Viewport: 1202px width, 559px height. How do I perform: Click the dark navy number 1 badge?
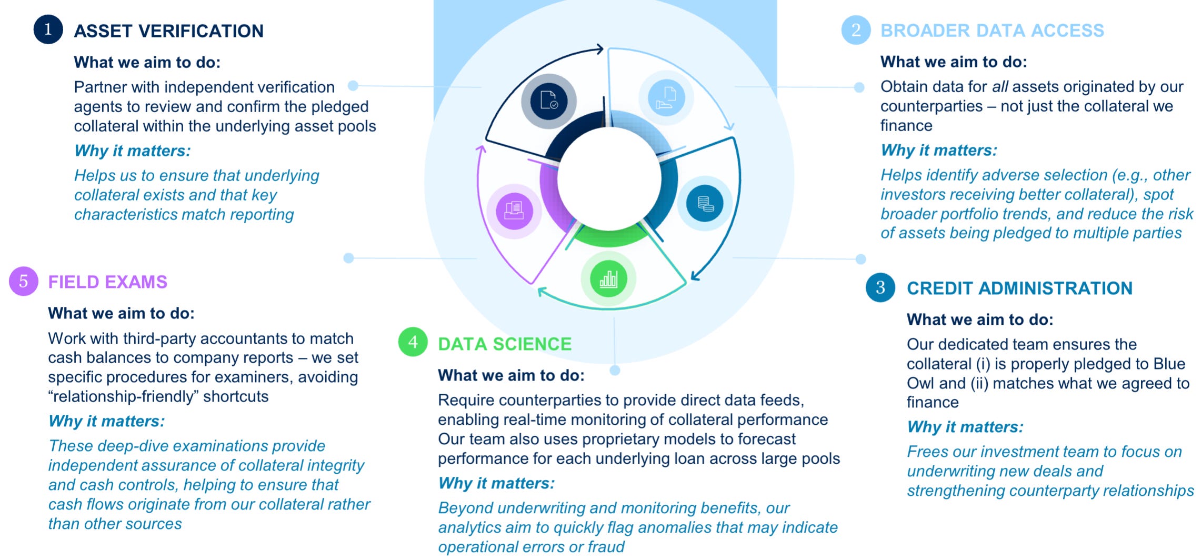pos(48,29)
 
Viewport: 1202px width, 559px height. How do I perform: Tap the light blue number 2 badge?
pos(856,30)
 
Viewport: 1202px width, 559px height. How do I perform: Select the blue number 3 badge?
pos(880,287)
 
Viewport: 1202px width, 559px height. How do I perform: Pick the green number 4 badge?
pos(413,342)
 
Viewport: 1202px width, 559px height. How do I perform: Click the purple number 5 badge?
pos(24,281)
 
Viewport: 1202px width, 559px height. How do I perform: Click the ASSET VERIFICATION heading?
pos(168,31)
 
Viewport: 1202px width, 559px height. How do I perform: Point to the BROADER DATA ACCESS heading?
pos(992,31)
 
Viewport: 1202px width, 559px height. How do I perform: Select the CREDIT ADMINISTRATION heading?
pos(1019,288)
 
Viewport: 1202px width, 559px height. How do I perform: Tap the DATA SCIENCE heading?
pos(504,344)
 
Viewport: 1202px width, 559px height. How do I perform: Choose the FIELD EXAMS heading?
pos(107,282)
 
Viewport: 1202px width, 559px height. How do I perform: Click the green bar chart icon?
pos(608,278)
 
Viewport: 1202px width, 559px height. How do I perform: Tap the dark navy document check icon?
pos(549,100)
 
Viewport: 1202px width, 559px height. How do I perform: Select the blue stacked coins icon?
pos(705,203)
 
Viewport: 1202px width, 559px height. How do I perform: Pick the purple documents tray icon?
pos(514,210)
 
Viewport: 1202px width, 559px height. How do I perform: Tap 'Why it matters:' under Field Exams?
pos(106,421)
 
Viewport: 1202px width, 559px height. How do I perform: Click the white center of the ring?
pos(609,179)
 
